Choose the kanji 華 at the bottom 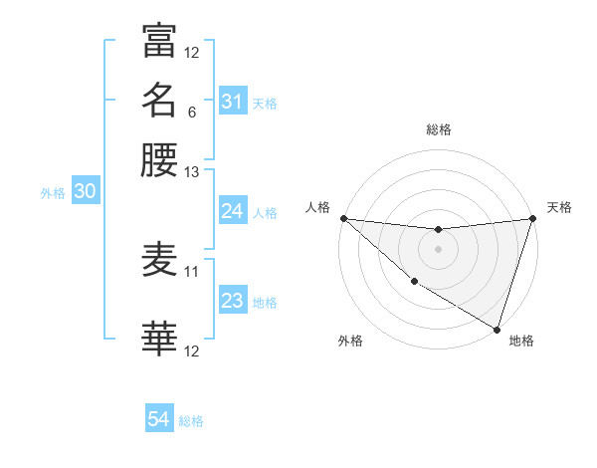(x=159, y=339)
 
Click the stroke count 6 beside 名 (x=191, y=112)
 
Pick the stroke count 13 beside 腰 (x=192, y=171)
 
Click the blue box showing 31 (x=232, y=102)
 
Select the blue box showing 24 (x=232, y=211)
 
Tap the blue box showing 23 (x=232, y=301)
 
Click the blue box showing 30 (x=85, y=192)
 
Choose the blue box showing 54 (x=159, y=420)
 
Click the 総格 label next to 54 (x=191, y=421)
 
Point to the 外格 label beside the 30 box (x=53, y=193)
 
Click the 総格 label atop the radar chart (x=438, y=129)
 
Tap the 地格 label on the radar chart (x=521, y=341)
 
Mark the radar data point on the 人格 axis (x=343, y=218)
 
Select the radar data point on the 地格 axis (x=497, y=329)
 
